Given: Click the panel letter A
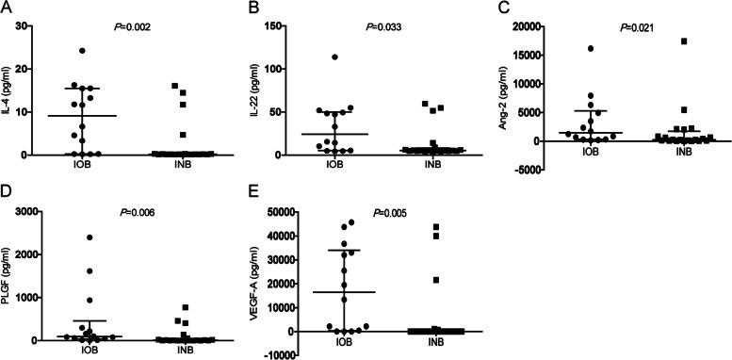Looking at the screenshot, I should pos(7,8).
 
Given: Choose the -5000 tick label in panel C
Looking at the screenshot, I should pos(545,170).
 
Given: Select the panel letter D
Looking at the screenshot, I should pos(7,195).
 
